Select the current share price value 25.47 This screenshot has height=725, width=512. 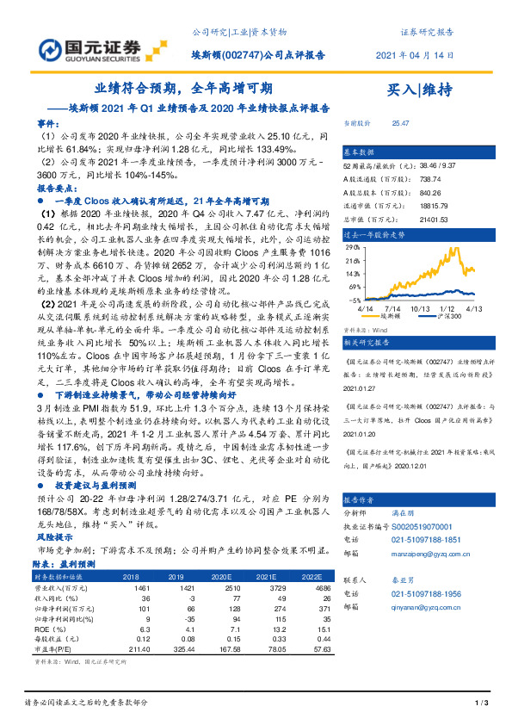[x=400, y=124]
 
